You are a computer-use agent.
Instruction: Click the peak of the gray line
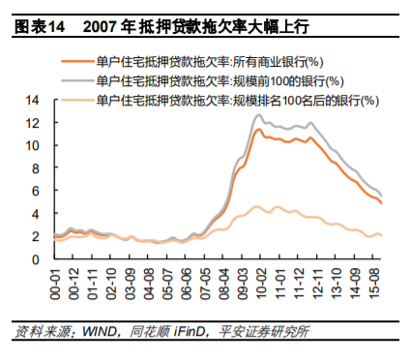click(x=258, y=115)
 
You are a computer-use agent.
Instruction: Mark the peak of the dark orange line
click(x=258, y=129)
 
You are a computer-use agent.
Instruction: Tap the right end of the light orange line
click(x=381, y=235)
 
